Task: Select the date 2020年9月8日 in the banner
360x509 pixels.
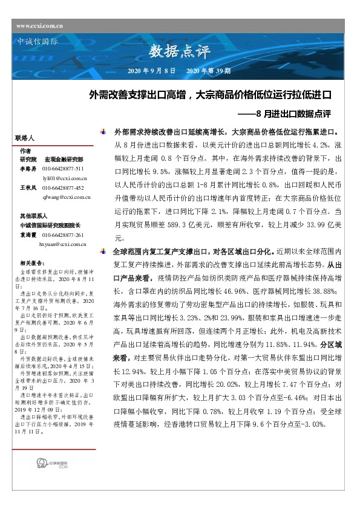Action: pyautogui.click(x=152, y=71)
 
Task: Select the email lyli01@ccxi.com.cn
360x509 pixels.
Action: pyautogui.click(x=65, y=179)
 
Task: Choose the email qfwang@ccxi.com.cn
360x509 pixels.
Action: pyautogui.click(x=67, y=197)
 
